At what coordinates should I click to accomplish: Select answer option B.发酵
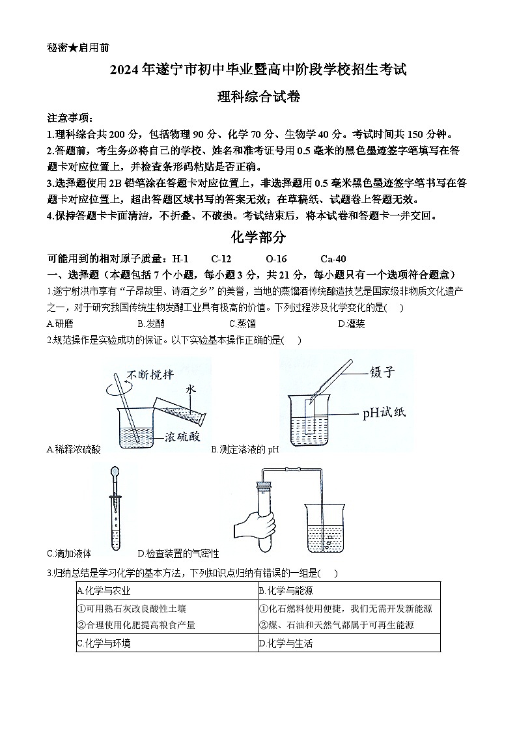pyautogui.click(x=151, y=324)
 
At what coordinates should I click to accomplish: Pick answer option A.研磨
pyautogui.click(x=60, y=324)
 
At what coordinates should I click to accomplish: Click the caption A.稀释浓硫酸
pyautogui.click(x=74, y=449)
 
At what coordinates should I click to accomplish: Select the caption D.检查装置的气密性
pyautogui.click(x=178, y=554)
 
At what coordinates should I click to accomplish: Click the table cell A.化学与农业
pyautogui.click(x=104, y=591)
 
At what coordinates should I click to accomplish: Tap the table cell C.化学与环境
pyautogui.click(x=104, y=643)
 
